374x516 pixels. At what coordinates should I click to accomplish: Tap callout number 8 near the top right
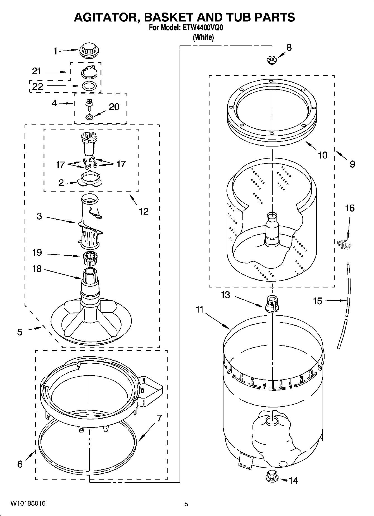289,47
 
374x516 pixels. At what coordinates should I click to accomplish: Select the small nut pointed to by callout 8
271,59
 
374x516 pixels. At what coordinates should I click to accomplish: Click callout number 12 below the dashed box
144,211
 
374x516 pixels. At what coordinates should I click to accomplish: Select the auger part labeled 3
90,220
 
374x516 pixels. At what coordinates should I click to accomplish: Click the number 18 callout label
37,269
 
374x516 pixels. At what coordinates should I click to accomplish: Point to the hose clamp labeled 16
344,244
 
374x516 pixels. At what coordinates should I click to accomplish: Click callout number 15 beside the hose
317,301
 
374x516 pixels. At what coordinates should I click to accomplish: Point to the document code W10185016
28,503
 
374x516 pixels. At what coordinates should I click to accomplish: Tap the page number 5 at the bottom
186,504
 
